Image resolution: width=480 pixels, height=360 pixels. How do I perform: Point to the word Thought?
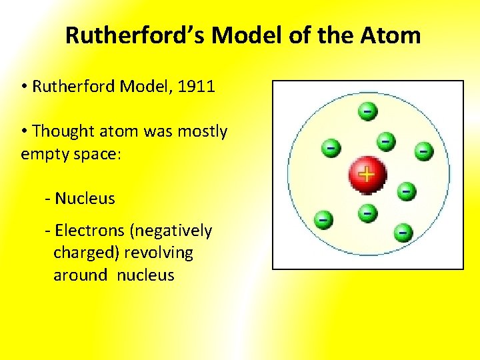tap(63, 131)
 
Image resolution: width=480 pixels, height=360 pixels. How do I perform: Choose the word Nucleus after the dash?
tap(85, 198)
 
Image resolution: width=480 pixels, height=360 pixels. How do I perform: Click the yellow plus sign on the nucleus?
tap(366, 175)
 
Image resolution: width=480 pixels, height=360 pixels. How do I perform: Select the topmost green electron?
tap(367, 111)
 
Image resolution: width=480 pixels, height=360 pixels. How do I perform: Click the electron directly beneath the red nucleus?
tap(367, 213)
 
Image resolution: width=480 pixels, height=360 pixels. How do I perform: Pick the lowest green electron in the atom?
tap(403, 233)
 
